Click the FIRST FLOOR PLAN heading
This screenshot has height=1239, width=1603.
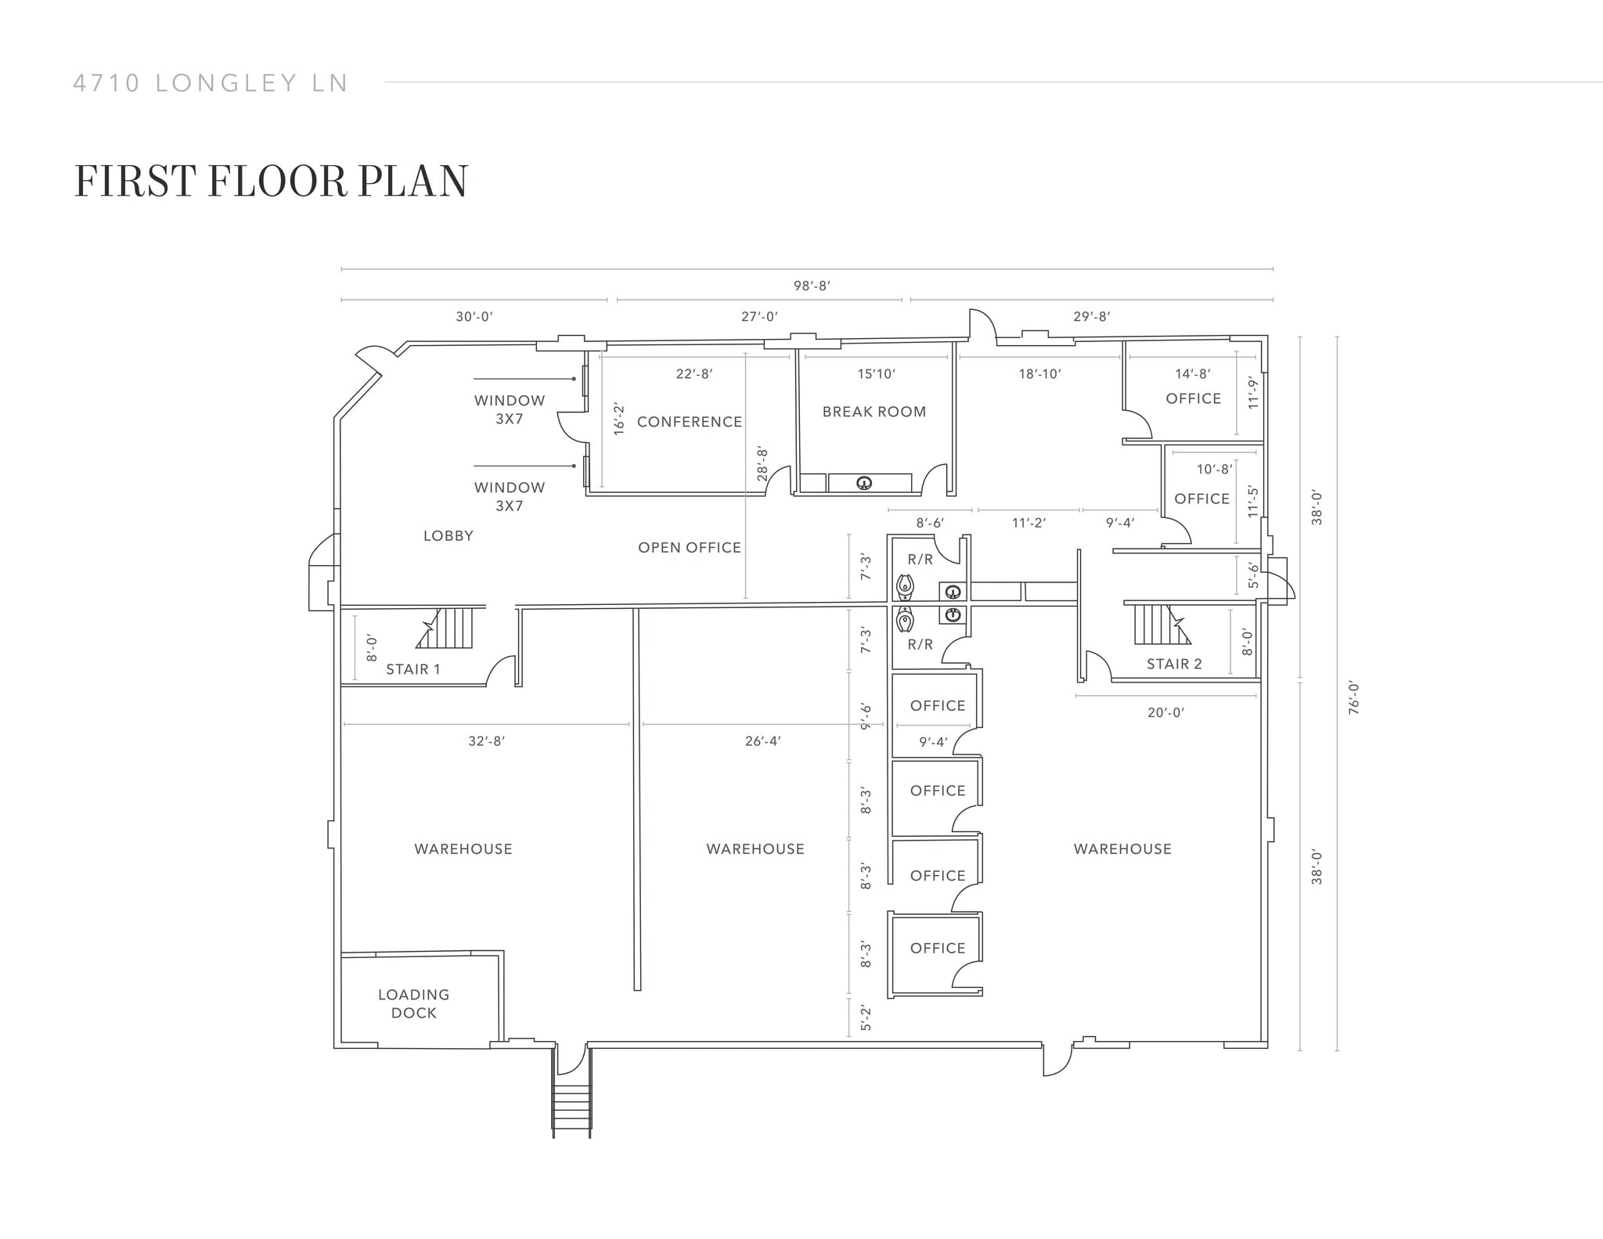click(271, 181)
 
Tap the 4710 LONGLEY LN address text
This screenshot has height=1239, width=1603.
click(211, 83)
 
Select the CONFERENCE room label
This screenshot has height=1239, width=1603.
click(689, 422)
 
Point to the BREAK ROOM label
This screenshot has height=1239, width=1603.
click(874, 412)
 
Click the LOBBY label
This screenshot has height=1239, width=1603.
click(448, 536)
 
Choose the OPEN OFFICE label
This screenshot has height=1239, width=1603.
click(689, 548)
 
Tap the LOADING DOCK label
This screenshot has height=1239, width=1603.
click(413, 1003)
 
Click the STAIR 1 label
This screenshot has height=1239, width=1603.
click(412, 669)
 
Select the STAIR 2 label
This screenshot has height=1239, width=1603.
click(1173, 664)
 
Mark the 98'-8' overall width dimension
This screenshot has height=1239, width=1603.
click(812, 286)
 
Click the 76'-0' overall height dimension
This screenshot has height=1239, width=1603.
click(1354, 697)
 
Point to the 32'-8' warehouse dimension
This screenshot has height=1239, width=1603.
click(486, 741)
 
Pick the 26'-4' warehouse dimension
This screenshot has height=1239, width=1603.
click(762, 741)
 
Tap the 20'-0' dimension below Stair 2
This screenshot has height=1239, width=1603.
click(1165, 712)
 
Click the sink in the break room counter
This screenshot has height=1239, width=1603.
click(864, 483)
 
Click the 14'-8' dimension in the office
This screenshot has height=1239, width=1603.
click(1192, 374)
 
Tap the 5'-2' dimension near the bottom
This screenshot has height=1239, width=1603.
click(866, 1018)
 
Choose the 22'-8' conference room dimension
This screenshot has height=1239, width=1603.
click(693, 374)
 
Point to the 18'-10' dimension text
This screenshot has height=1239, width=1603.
click(1039, 374)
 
